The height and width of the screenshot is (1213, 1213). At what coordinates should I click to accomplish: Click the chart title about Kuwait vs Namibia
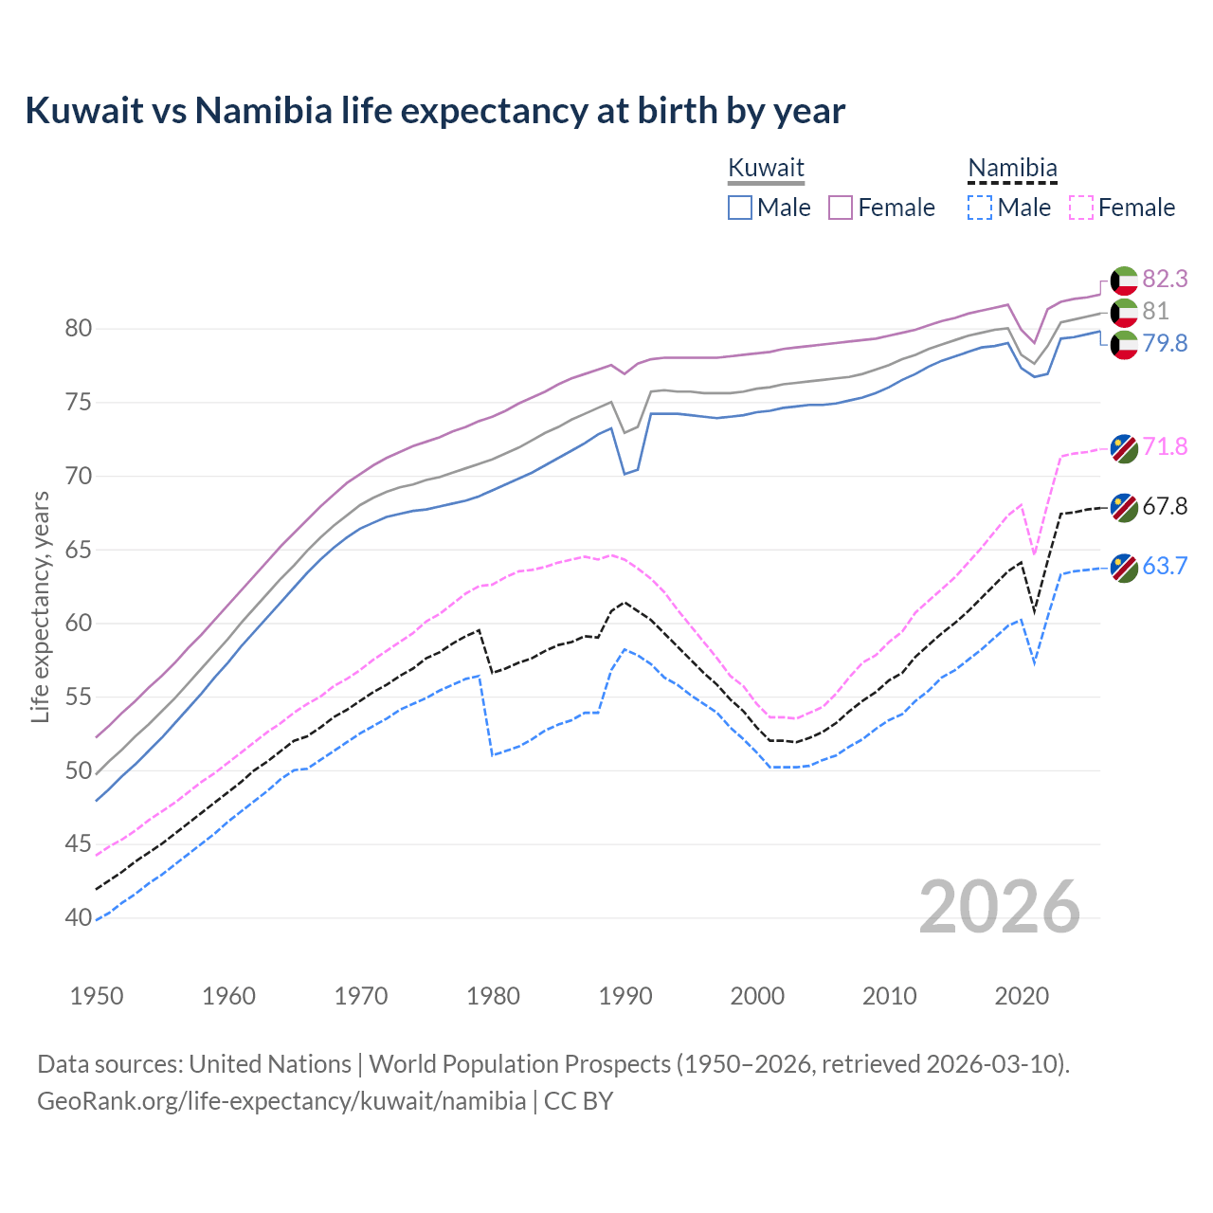pyautogui.click(x=435, y=111)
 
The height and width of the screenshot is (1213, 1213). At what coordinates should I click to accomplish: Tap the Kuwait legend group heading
pyautogui.click(x=766, y=168)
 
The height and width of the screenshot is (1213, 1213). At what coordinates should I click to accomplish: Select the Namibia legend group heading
pyautogui.click(x=1011, y=168)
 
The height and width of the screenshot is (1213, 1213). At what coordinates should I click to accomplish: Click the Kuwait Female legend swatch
pyautogui.click(x=841, y=208)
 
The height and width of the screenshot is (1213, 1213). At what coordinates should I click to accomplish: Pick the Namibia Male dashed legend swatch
pyautogui.click(x=980, y=208)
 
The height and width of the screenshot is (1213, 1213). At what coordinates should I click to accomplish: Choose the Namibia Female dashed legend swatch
pyautogui.click(x=1081, y=208)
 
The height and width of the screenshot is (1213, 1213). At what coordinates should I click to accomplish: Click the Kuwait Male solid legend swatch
pyautogui.click(x=740, y=208)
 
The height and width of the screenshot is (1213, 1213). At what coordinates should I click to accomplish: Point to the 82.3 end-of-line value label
pyautogui.click(x=1165, y=279)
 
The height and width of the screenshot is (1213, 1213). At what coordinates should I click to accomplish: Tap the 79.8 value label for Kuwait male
pyautogui.click(x=1165, y=343)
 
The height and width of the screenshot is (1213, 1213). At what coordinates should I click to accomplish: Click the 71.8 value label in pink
pyautogui.click(x=1165, y=446)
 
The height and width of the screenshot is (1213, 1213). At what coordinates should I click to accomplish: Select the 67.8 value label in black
pyautogui.click(x=1165, y=506)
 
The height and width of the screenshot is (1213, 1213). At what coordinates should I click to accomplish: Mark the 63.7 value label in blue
pyautogui.click(x=1165, y=566)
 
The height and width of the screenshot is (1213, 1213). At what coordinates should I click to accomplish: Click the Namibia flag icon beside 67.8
pyautogui.click(x=1124, y=507)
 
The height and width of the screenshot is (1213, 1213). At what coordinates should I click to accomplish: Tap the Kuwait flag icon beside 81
pyautogui.click(x=1124, y=312)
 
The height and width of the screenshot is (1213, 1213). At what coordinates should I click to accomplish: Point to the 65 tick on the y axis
pyautogui.click(x=79, y=550)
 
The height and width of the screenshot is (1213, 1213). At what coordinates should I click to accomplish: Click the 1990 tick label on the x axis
pyautogui.click(x=625, y=996)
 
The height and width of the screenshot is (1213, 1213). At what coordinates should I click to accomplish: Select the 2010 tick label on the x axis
pyautogui.click(x=889, y=996)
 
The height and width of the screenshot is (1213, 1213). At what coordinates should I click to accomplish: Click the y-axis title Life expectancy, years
pyautogui.click(x=40, y=606)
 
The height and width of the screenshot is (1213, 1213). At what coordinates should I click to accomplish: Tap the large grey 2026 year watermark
pyautogui.click(x=1000, y=907)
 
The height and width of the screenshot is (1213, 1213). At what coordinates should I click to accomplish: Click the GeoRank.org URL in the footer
pyautogui.click(x=281, y=1101)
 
